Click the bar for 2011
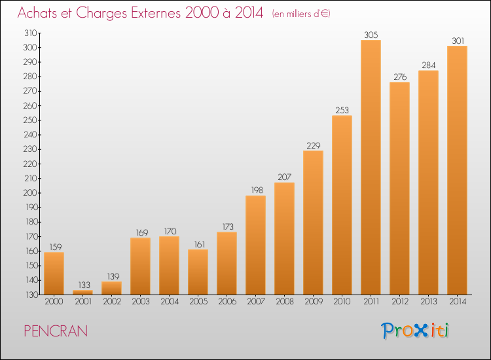371,167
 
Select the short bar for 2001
82,293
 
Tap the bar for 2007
255,245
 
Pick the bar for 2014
457,170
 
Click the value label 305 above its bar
371,35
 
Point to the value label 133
84,285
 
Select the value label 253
342,110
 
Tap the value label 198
257,190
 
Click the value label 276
400,77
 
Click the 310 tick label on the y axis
30,33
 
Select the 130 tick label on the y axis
31,295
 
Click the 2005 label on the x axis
198,302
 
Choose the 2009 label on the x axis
314,302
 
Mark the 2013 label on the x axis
428,302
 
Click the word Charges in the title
101,13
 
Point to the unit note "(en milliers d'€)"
301,14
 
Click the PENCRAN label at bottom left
56,331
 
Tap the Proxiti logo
415,331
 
